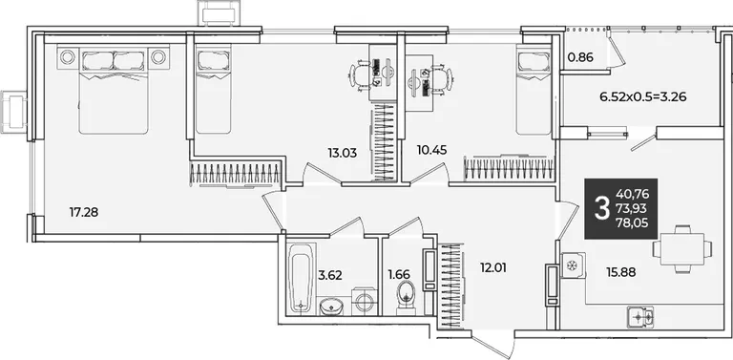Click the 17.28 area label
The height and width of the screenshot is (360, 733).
tap(84, 213)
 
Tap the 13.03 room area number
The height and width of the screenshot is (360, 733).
tap(343, 153)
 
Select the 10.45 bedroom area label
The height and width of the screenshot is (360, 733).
tap(432, 150)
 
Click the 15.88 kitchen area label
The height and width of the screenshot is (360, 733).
tap(620, 272)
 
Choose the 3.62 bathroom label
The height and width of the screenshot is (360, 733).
tap(330, 275)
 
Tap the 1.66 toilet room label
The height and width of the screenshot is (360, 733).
tap(399, 275)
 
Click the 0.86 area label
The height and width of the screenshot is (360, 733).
tap(580, 58)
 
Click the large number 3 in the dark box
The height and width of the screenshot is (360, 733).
tap(602, 208)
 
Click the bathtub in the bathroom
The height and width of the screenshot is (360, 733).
tap(300, 277)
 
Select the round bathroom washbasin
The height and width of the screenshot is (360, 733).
tap(331, 307)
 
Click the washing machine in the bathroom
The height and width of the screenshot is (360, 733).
tap(364, 301)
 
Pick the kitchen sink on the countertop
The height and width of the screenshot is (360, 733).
tap(640, 316)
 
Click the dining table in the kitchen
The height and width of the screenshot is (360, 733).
tap(682, 248)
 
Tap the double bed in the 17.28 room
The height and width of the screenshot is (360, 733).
tap(114, 90)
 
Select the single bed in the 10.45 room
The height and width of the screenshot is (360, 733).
tap(534, 90)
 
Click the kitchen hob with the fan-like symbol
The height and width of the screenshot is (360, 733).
tap(573, 265)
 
